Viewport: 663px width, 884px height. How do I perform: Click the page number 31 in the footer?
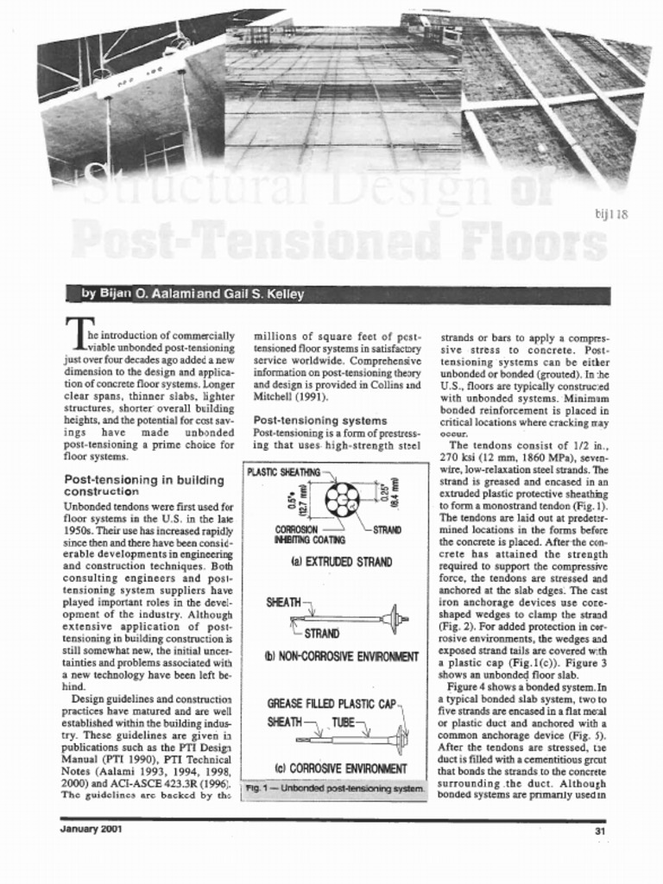click(599, 830)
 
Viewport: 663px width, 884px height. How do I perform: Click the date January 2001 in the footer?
click(91, 830)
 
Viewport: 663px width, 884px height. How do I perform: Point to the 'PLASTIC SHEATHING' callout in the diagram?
click(283, 472)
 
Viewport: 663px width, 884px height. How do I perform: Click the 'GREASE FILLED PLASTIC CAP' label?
click(331, 704)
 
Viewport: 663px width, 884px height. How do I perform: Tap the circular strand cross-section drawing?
click(342, 500)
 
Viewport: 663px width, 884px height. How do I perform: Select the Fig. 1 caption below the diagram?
click(334, 789)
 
